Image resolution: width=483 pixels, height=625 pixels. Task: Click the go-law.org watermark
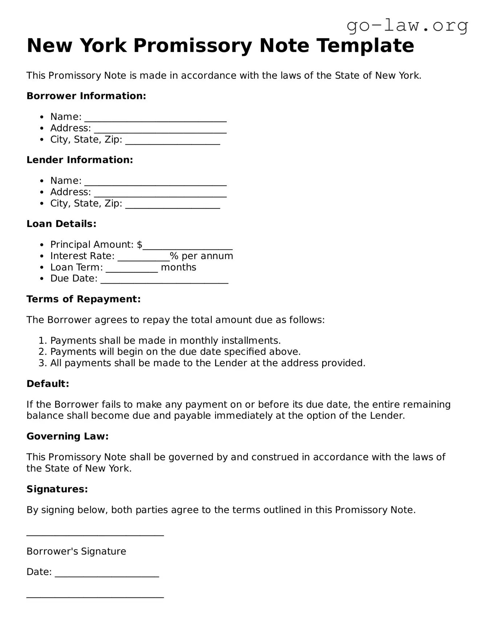click(407, 25)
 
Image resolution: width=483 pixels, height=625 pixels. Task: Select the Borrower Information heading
click(86, 96)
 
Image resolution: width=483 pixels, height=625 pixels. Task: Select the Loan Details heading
click(61, 224)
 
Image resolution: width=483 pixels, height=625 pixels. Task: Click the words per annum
click(207, 256)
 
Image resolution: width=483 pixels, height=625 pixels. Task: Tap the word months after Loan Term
click(178, 267)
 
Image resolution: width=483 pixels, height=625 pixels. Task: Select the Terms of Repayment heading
click(83, 299)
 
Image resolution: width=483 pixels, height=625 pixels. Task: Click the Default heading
click(48, 384)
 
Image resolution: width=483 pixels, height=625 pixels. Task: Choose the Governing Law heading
click(67, 436)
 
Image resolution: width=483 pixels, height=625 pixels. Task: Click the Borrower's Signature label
click(76, 551)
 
